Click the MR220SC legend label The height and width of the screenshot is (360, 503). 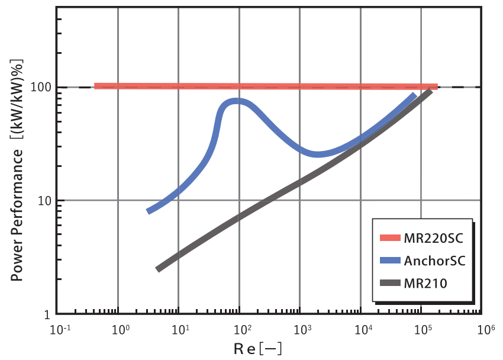click(432, 238)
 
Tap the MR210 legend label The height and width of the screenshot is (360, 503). click(424, 283)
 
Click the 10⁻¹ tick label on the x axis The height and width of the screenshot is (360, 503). click(59, 330)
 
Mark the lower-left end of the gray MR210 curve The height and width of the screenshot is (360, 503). click(158, 269)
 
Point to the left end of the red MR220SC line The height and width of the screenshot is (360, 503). click(96, 86)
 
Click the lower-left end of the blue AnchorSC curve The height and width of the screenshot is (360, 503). click(149, 210)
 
